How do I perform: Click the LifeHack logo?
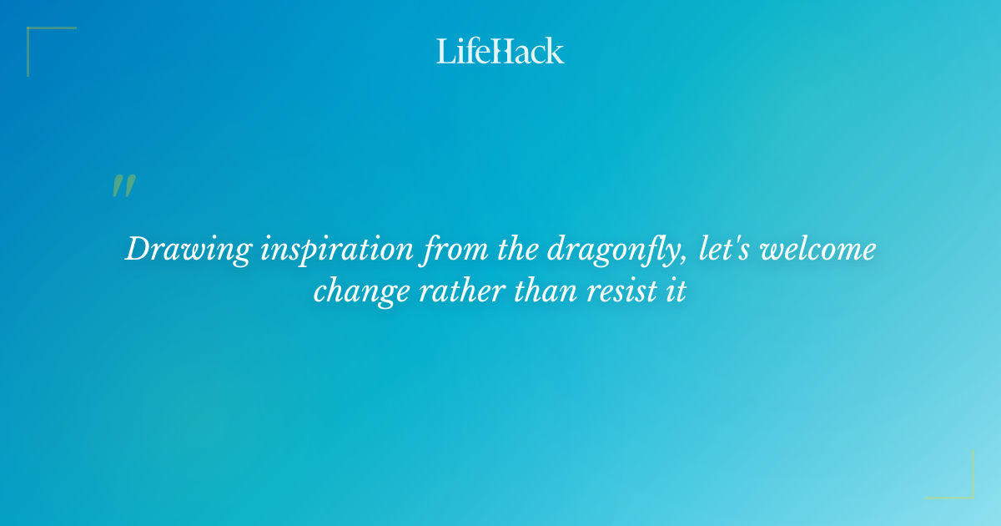(500, 51)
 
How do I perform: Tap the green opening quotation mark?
(123, 186)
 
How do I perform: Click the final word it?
(676, 292)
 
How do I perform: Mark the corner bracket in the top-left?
(33, 33)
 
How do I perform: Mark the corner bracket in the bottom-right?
(968, 493)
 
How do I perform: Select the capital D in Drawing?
(138, 250)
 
